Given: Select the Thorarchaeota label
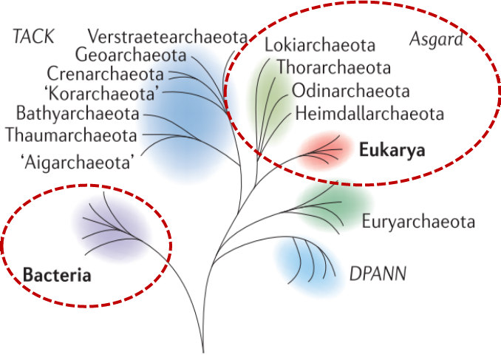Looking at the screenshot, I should point(333,69).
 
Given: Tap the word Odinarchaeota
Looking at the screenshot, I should point(350,92).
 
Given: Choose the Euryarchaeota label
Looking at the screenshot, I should point(417,222).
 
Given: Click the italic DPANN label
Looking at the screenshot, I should point(378,275).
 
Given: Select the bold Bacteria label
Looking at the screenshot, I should point(57,277).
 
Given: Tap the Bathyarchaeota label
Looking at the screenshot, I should point(78,115).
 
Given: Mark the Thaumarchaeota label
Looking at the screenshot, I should point(71,136).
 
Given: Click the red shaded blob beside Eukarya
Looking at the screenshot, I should point(324,150).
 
